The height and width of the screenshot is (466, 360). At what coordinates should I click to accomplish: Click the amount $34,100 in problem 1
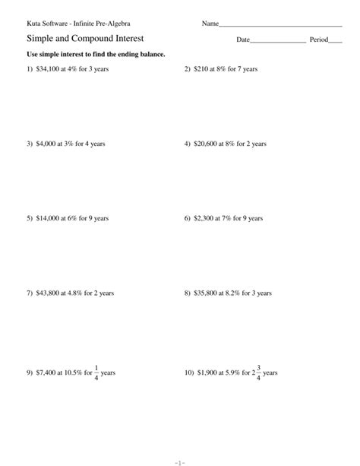tap(48, 69)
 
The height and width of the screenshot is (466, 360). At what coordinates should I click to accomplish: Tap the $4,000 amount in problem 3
tap(46, 144)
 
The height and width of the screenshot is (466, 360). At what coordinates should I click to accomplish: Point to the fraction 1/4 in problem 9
tap(96, 373)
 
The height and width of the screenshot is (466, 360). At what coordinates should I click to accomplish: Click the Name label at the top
tap(210, 24)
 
